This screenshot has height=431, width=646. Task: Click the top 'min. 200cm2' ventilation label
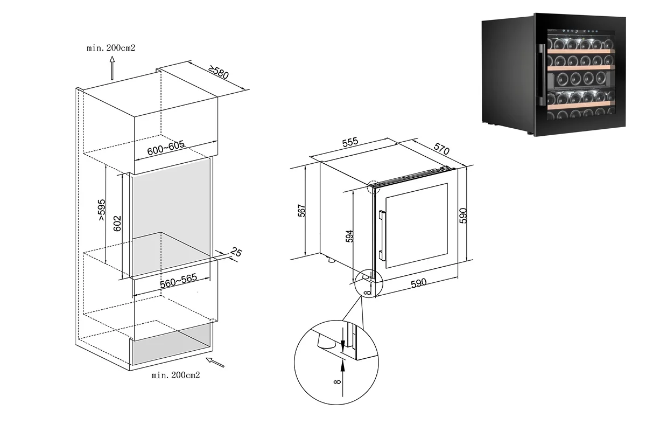coord(111,48)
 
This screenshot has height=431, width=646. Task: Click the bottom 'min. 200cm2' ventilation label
coord(176,374)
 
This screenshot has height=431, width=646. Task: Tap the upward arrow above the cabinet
coord(112,69)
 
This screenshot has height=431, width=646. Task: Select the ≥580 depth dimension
coord(219,72)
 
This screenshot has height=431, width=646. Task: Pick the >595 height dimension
coord(102,211)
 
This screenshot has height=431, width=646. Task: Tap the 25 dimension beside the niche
coord(235,251)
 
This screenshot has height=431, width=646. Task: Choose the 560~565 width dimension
coord(177,280)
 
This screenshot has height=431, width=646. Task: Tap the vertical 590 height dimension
coord(464,214)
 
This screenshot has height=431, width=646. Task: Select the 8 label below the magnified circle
coord(337,383)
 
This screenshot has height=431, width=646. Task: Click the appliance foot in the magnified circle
coord(325,341)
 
